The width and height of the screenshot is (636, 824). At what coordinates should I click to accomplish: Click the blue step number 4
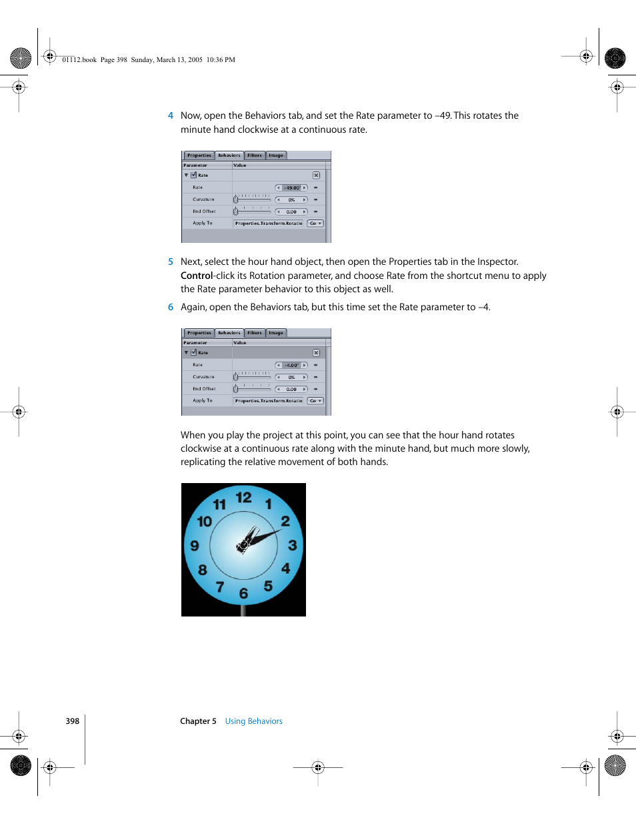point(171,115)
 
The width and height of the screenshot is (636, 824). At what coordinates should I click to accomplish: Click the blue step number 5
point(171,262)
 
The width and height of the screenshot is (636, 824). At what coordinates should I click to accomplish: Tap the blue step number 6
point(171,307)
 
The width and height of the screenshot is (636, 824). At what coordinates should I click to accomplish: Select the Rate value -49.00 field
point(292,187)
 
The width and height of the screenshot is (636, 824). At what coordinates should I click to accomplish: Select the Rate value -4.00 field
point(292,365)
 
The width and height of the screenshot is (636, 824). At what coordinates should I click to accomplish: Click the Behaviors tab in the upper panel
point(229,155)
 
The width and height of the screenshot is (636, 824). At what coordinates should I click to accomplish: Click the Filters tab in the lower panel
point(255,333)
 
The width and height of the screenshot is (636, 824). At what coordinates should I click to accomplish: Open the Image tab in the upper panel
point(276,155)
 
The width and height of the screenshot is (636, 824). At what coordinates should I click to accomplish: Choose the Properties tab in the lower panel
point(199,333)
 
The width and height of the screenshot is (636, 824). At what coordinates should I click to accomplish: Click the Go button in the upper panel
point(315,224)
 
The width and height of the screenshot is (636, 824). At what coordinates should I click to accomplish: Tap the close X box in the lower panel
point(316,353)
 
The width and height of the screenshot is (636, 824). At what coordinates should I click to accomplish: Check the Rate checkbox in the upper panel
point(193,175)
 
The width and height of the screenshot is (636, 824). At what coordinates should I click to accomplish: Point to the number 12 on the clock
point(243,497)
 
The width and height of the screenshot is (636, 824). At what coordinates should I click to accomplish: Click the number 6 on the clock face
point(243,593)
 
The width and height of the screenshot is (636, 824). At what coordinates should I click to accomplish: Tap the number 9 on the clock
point(195,546)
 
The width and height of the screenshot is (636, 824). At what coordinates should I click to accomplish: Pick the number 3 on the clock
point(292,545)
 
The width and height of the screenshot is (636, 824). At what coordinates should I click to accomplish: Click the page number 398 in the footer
point(72,721)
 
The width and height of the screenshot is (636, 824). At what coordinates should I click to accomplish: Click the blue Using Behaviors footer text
point(253,721)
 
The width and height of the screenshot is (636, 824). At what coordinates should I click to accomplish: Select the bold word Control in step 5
point(197,276)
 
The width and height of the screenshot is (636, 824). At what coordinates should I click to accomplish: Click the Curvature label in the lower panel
point(203,377)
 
